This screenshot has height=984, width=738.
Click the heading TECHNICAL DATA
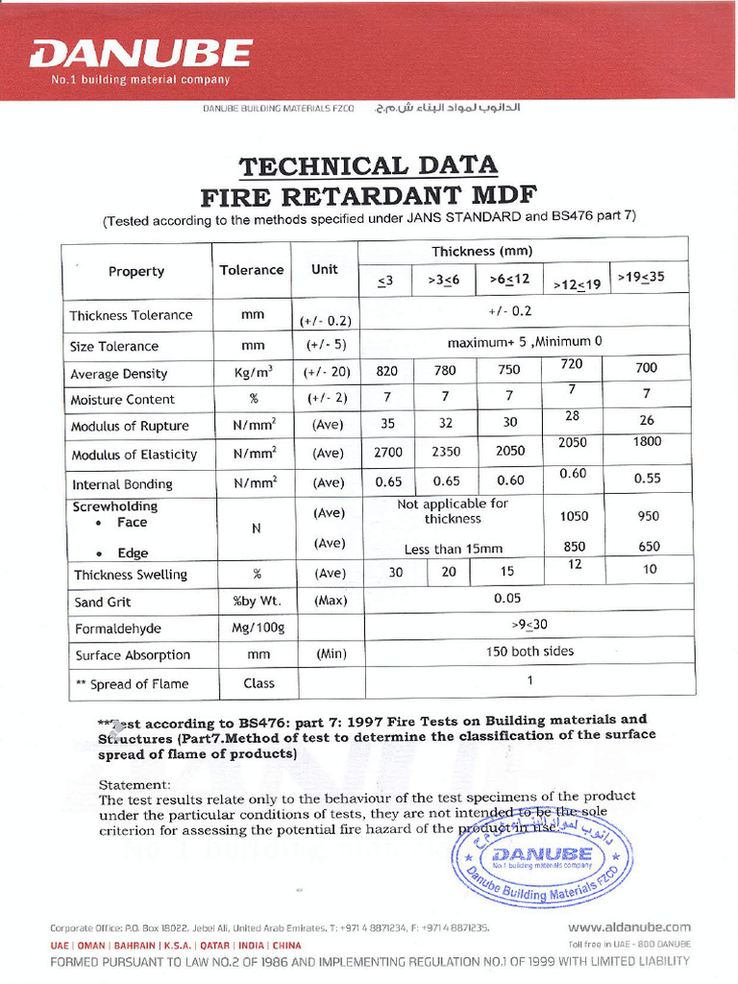coord(368,165)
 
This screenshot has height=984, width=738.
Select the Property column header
coord(136,272)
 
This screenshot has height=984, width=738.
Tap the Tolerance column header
coord(252,271)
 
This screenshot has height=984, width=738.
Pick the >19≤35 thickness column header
coord(640,278)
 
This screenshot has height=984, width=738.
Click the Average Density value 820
coord(387,370)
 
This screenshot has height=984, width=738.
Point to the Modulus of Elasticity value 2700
coord(388,452)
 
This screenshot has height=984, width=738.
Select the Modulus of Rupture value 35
coord(388,423)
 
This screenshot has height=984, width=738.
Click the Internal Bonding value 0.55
coord(647,478)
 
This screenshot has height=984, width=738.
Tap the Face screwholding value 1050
coord(574,516)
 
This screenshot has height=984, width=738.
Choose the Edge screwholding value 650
coord(649,547)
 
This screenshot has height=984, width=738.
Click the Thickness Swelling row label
coord(131,575)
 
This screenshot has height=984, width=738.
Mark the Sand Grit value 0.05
coord(507,598)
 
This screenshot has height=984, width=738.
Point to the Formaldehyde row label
coord(118,628)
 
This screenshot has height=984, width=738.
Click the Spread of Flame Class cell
coord(258,683)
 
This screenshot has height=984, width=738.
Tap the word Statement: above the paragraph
coord(135,784)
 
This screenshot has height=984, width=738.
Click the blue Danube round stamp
coord(541,859)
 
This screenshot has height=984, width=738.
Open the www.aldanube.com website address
coord(628,927)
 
